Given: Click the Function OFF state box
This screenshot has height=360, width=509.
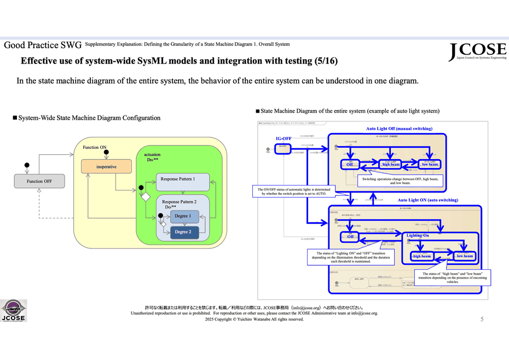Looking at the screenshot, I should [x=39, y=181].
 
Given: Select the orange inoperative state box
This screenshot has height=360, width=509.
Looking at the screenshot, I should [x=106, y=166].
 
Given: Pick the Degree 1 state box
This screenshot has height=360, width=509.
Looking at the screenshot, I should [x=183, y=216].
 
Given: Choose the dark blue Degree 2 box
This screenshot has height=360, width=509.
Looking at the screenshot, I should [x=183, y=232].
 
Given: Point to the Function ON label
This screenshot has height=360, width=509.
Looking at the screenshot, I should [x=95, y=148].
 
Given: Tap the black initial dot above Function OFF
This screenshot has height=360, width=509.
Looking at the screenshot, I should [x=26, y=165].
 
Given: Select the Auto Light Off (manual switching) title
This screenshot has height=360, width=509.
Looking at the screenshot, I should [x=399, y=129].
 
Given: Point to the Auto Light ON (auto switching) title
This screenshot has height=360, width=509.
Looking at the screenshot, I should [x=427, y=200].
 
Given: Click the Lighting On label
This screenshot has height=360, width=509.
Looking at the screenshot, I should [x=418, y=235].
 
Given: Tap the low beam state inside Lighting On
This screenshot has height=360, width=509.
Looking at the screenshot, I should [x=464, y=256].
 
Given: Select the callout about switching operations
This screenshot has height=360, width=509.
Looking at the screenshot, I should [x=400, y=181].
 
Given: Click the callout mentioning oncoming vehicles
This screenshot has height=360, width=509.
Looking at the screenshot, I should [x=453, y=277].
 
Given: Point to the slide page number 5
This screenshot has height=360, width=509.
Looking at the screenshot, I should [x=482, y=319].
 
